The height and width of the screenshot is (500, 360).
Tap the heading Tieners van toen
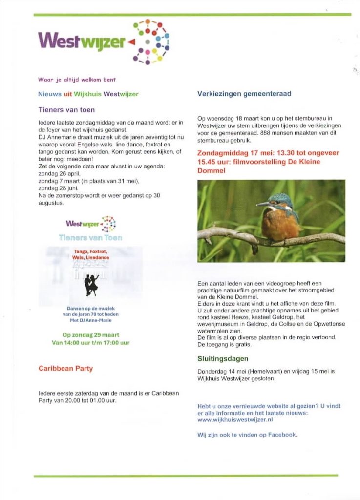(x=66, y=110)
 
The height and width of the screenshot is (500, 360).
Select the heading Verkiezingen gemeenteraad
(x=244, y=94)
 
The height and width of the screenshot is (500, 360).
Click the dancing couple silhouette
(x=91, y=285)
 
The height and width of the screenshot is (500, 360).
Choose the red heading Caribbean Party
(x=65, y=369)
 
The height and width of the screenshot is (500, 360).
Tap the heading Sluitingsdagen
(x=223, y=359)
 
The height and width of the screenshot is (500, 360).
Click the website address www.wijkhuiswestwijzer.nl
(x=235, y=419)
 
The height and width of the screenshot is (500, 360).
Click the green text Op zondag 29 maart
(x=91, y=335)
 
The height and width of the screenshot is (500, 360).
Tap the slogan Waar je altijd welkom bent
(x=77, y=79)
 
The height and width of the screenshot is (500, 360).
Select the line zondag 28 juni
(x=57, y=188)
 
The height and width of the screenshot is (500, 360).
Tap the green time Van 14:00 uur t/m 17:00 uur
(x=91, y=343)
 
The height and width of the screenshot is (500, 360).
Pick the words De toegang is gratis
(x=225, y=345)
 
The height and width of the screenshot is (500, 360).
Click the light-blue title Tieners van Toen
(x=90, y=238)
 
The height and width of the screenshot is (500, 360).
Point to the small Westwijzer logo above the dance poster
(x=91, y=224)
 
